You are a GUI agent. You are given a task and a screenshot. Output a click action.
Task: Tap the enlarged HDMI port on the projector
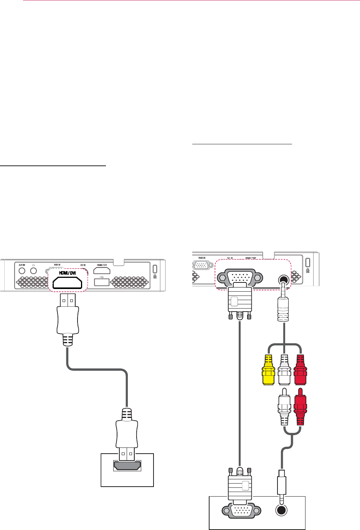coord(67,283)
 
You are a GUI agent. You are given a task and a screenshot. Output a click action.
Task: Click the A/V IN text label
coord(21,265)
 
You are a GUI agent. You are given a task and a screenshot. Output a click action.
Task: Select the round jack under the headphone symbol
coord(33,271)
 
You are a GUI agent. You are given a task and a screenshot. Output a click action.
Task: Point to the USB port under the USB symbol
coord(102,283)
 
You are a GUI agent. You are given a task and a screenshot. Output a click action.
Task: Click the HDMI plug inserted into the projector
coord(67,313)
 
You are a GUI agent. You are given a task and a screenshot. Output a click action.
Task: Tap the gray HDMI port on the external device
coord(127,466)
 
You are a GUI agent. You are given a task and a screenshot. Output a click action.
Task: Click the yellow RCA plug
coord(268,371)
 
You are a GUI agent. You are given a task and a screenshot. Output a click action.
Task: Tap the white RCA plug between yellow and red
coord(284,371)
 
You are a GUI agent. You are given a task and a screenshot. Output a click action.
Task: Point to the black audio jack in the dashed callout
coord(284,280)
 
